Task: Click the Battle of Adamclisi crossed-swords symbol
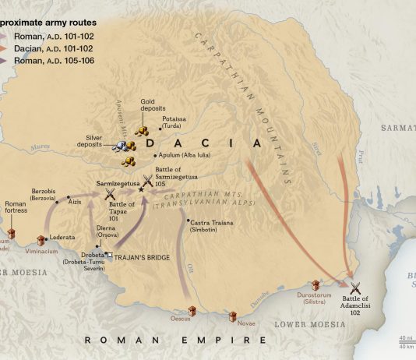(x=356, y=288)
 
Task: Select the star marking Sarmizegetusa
(x=140, y=189)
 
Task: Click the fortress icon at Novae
(x=232, y=316)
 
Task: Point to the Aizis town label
(x=75, y=200)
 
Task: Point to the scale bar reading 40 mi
(x=406, y=338)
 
